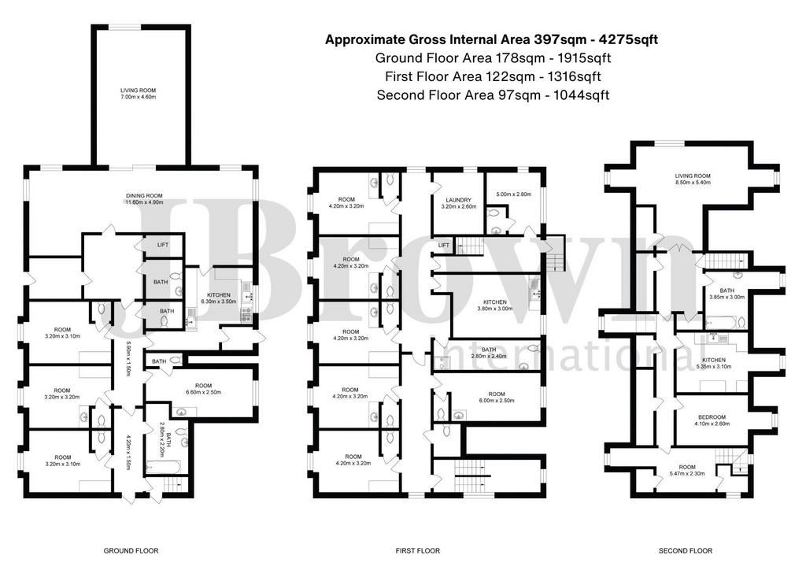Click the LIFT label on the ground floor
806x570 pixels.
coord(163,245)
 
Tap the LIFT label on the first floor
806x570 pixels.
coord(444,246)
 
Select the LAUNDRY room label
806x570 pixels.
coord(459,200)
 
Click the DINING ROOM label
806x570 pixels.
coord(145,196)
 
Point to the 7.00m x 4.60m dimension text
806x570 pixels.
coord(139,97)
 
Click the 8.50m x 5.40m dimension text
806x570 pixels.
coord(693,183)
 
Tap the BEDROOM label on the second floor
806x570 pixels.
coord(712,417)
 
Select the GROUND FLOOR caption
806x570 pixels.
coord(131,551)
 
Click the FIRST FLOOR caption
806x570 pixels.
coord(418,551)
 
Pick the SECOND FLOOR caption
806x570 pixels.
coord(686,551)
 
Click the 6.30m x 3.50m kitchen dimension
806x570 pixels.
coord(219,302)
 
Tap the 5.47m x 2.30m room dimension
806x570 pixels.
coord(687,474)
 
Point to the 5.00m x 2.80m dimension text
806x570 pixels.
coord(513,194)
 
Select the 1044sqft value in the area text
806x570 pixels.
coord(582,95)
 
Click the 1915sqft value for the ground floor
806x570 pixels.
coord(583,58)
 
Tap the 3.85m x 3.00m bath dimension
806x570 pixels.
coord(727,297)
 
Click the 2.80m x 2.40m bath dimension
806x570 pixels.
coord(489,356)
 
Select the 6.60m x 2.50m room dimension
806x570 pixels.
coord(204,392)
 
